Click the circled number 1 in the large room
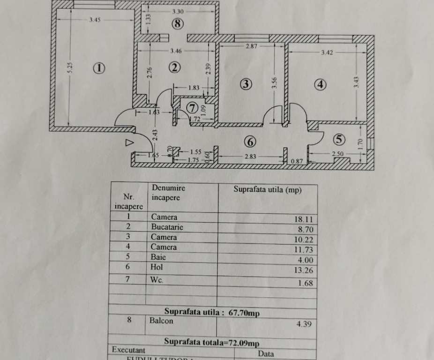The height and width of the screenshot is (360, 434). point(99,68)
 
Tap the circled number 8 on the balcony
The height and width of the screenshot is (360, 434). point(177,23)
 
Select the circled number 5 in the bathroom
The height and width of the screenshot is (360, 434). point(339,139)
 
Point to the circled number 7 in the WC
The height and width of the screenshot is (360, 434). point(191,107)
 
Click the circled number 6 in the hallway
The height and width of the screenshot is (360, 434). point(250,141)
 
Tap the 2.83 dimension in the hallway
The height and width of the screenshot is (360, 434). point(250,157)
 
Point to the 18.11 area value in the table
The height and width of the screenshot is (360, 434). point(303,219)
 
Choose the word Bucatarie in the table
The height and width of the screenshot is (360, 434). point(167,227)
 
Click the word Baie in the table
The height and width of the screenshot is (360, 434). point(158,257)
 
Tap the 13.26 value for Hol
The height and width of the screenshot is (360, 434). point(303,270)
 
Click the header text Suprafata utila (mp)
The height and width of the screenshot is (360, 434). point(268,190)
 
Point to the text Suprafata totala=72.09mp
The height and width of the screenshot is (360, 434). point(211,342)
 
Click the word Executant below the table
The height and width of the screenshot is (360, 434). point(128,350)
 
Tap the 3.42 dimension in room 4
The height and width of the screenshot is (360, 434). point(327,53)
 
